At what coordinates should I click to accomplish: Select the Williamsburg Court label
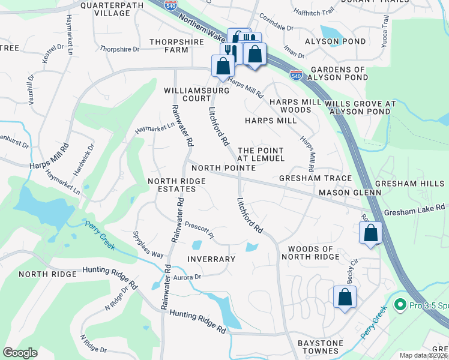[188, 94]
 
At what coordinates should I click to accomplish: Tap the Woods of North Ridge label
[318, 253]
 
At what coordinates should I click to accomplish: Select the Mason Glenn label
[350, 193]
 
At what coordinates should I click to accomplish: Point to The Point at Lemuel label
[261, 154]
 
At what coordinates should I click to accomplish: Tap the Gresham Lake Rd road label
[414, 208]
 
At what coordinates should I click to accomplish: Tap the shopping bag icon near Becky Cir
[345, 297]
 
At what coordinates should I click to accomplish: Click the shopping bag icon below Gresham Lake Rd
[371, 232]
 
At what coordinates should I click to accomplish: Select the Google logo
[20, 353]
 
